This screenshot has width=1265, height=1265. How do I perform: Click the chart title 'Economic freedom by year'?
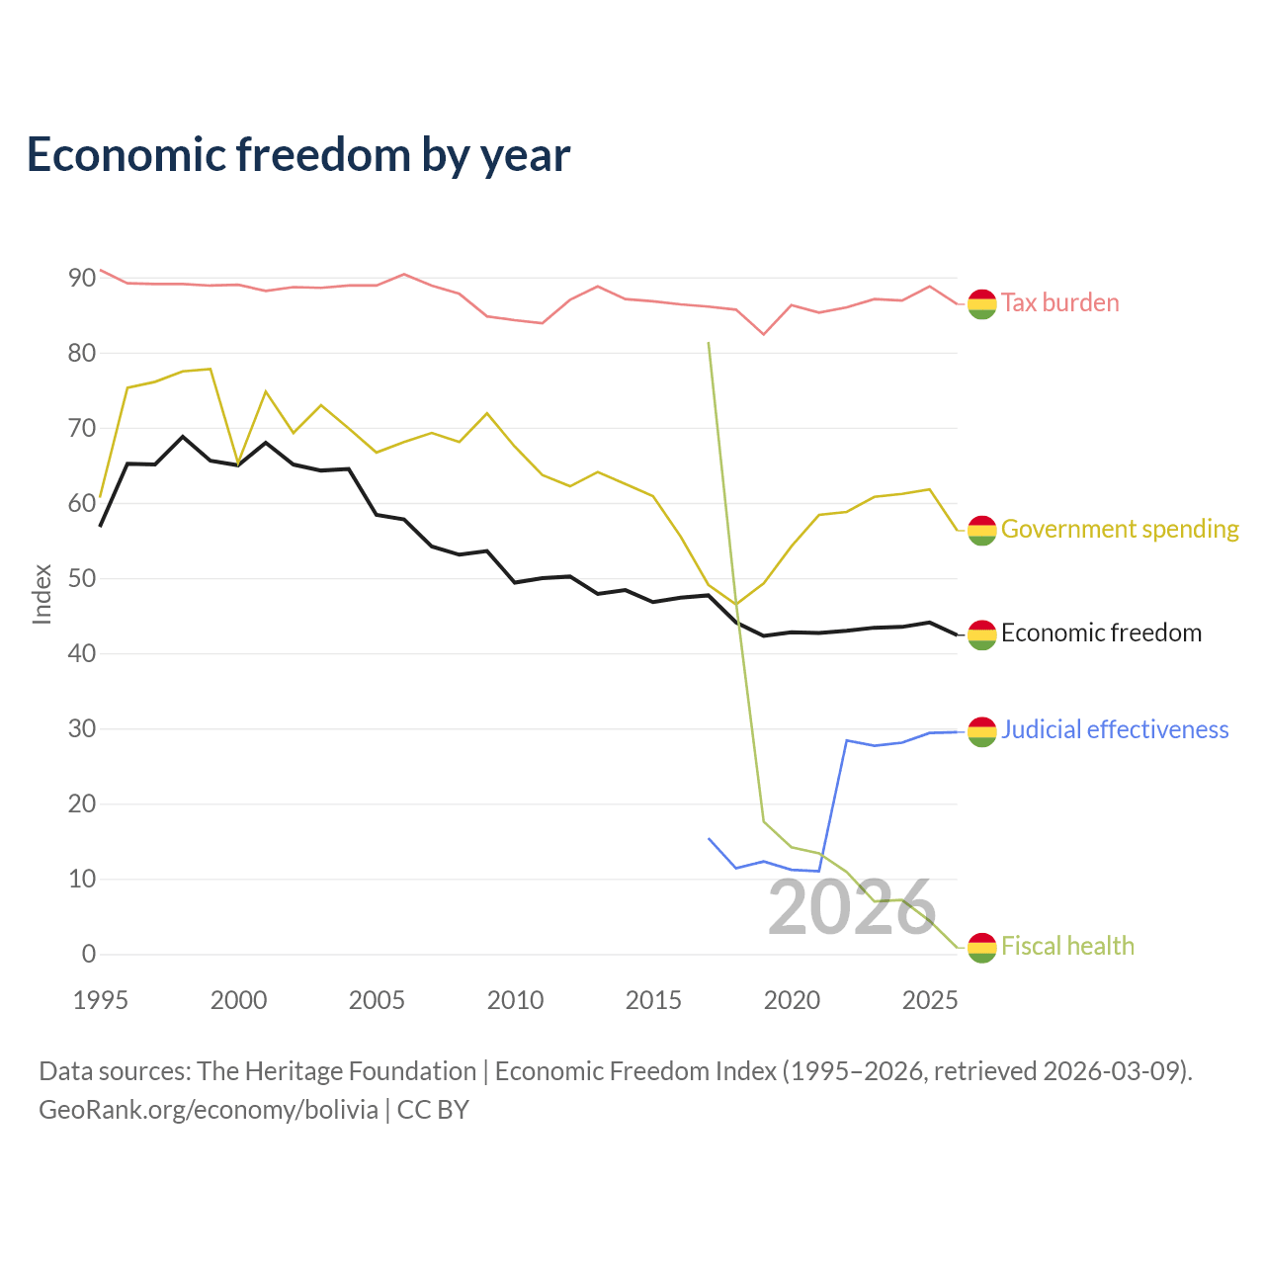tap(298, 155)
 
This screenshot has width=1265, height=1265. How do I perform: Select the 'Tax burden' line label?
tap(1059, 302)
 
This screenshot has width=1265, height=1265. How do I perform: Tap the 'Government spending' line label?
tap(1120, 529)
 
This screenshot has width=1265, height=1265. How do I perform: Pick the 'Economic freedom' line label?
tap(1101, 632)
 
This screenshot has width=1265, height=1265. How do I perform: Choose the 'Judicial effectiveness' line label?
tap(1115, 729)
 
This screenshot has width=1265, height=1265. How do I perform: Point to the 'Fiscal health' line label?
tap(1067, 946)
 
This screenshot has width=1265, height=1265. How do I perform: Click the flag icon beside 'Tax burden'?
tap(981, 304)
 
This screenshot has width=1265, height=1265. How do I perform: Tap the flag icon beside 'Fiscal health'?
tap(981, 948)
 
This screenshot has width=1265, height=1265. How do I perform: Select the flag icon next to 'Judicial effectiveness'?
tap(981, 732)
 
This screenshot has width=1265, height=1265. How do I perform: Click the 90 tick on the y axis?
tap(82, 279)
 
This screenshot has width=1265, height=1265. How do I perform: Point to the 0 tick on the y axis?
tap(89, 954)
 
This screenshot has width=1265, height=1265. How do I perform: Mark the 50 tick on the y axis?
tap(82, 578)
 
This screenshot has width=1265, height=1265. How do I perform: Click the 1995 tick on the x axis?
tap(101, 1000)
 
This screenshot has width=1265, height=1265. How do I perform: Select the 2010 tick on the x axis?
tap(515, 1000)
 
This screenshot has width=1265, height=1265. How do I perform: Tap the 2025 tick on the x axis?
tap(930, 1000)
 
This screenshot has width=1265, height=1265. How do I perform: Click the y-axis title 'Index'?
tap(42, 594)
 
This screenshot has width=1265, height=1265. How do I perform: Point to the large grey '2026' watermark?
tap(852, 908)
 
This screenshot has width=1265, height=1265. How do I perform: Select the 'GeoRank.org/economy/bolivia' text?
tap(209, 1110)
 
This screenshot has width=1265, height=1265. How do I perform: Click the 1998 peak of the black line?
tap(183, 437)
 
